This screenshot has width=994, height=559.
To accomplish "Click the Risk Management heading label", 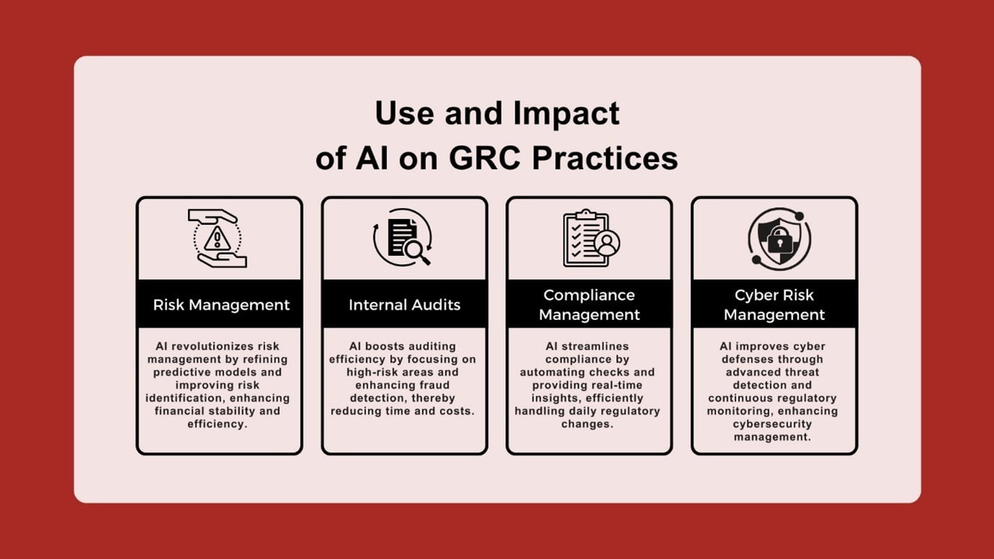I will [221, 305].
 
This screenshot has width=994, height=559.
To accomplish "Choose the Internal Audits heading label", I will [404, 305].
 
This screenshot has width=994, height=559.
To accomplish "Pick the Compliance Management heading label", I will [589, 305].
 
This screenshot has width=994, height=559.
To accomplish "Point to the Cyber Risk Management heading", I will [774, 305].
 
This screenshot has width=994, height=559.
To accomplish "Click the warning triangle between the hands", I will [216, 238].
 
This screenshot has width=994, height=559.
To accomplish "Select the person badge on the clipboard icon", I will [607, 243].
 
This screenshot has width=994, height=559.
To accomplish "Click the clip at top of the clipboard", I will [586, 214].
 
